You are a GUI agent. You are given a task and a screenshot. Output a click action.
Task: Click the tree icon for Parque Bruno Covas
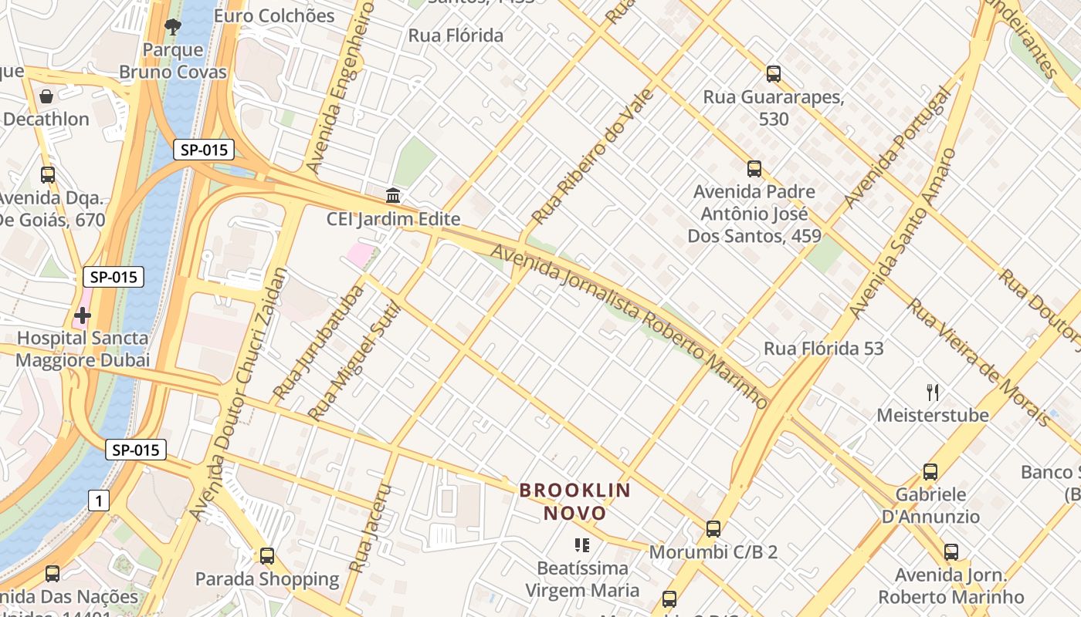[173, 27]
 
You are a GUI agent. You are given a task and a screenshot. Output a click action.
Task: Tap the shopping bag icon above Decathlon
[46, 96]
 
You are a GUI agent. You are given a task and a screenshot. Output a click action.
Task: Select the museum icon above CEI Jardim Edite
[393, 194]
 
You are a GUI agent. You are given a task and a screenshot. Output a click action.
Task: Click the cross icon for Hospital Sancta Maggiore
[82, 315]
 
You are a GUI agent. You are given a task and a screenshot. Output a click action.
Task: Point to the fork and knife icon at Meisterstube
[933, 393]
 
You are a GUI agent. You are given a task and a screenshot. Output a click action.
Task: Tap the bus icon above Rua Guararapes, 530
[773, 74]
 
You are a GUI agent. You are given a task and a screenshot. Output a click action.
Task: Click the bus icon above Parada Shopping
[267, 555]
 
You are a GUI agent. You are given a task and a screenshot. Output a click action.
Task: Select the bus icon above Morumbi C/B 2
[713, 529]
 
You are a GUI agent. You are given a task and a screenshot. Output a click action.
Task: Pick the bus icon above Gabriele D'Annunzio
[930, 471]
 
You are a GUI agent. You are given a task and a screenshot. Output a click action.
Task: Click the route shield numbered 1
[98, 501]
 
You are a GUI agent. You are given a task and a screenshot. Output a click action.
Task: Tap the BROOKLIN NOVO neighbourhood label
[574, 501]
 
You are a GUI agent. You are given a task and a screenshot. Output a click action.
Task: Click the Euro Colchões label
[274, 15]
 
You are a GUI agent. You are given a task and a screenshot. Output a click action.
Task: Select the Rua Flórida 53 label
[823, 349]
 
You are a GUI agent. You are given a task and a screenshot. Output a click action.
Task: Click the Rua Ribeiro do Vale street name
[593, 157]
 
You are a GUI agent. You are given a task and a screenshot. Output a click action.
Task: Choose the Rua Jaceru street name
[369, 528]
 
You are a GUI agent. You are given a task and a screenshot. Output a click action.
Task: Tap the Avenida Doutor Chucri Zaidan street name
[239, 393]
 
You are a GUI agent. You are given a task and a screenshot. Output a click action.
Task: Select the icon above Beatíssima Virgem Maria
[582, 545]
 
